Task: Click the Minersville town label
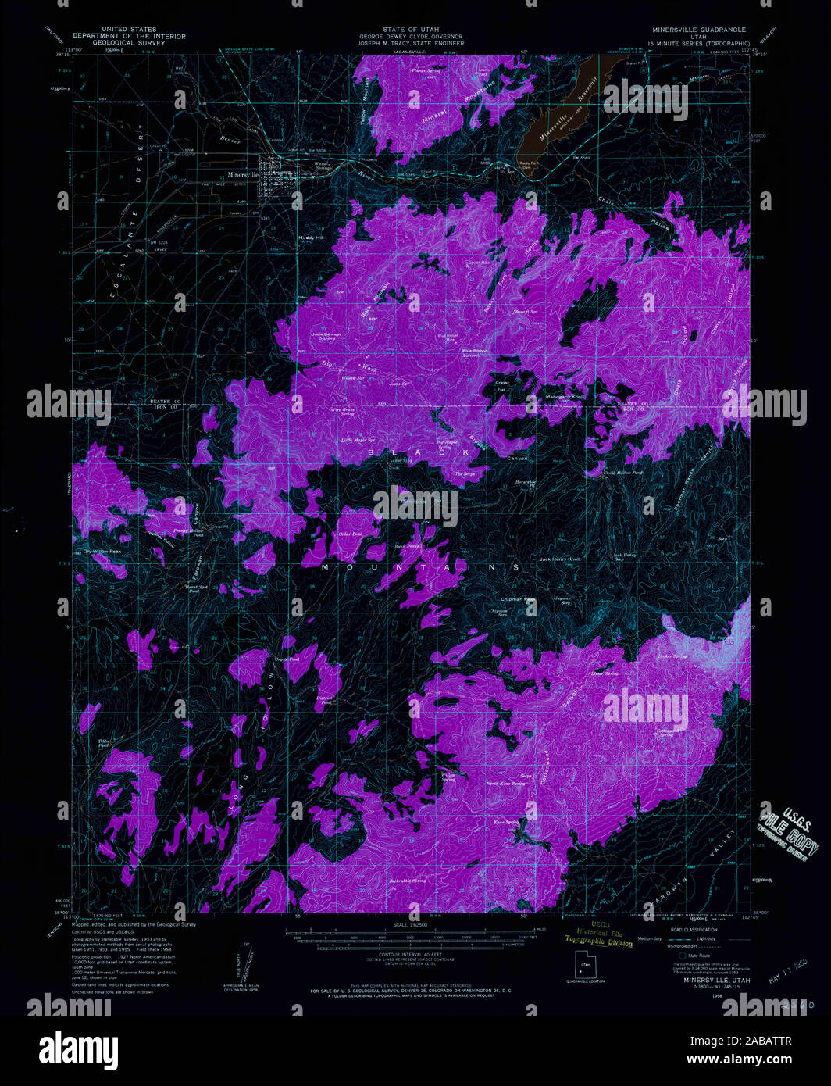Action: coord(242,175)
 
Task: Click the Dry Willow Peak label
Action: coord(98,552)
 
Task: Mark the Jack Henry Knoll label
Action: coord(560,559)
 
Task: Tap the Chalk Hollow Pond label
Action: coord(623,473)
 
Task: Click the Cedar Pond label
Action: coord(351,534)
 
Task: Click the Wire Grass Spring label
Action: coord(342,411)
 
